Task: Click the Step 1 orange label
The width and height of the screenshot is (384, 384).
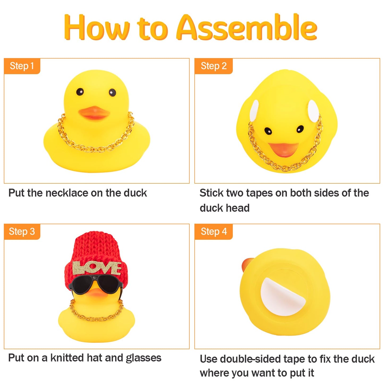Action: tap(22, 66)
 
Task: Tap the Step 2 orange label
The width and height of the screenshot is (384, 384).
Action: tap(213, 66)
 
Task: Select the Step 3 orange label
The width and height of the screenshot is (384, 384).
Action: tap(22, 231)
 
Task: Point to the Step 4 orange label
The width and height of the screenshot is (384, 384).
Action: tap(213, 231)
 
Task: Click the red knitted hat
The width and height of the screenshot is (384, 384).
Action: tap(96, 247)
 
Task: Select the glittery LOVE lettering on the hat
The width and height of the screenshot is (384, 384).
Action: tap(97, 268)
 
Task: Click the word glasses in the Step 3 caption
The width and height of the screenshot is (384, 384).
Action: tap(144, 358)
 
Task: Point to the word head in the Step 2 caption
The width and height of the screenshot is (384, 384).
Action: tap(238, 208)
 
